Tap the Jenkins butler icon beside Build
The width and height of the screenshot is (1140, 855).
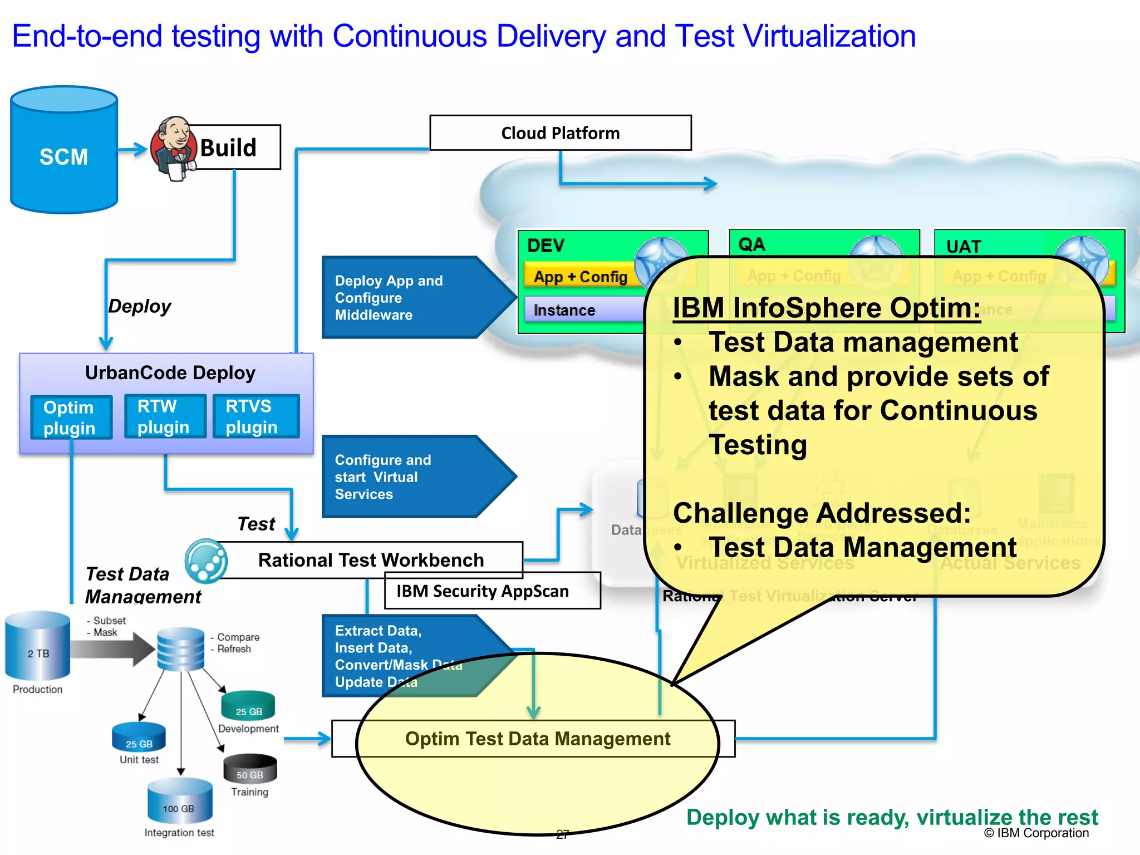click(x=174, y=148)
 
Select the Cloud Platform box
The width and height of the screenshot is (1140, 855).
click(x=560, y=133)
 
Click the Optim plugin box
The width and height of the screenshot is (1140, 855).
click(x=71, y=417)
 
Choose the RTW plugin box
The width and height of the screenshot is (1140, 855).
click(x=164, y=416)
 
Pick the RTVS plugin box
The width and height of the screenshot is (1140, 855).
click(x=255, y=416)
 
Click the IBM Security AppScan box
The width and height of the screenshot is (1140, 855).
click(x=492, y=591)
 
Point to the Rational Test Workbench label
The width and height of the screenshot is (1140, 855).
click(x=371, y=559)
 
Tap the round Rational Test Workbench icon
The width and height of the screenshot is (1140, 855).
click(x=206, y=561)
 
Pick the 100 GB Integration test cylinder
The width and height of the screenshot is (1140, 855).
click(x=179, y=802)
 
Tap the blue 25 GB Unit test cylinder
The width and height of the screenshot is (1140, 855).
click(x=139, y=738)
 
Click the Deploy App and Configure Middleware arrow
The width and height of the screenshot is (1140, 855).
click(x=412, y=298)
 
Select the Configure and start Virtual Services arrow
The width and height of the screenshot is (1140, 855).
click(x=412, y=477)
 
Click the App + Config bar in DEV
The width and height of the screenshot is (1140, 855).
click(x=580, y=276)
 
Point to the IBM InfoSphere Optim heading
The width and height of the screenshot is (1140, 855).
click(x=826, y=308)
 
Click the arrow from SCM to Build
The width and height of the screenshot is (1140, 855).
click(x=133, y=149)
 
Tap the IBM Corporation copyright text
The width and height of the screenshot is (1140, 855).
click(x=1036, y=833)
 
